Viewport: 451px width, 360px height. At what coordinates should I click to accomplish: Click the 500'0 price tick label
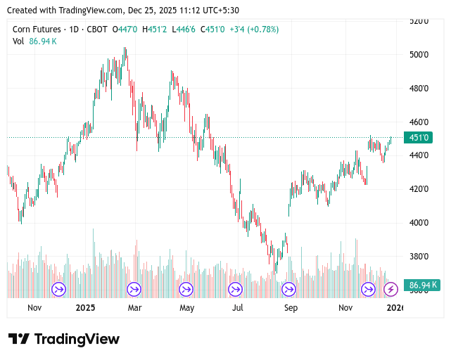point(419,55)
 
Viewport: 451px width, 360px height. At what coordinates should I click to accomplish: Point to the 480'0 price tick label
point(419,89)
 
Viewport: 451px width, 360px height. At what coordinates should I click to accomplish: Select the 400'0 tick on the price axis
point(419,223)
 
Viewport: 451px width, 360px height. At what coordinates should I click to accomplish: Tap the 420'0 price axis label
point(419,189)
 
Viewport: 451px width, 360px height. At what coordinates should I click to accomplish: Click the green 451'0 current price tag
point(419,138)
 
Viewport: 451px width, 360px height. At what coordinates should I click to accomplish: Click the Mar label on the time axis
point(134,308)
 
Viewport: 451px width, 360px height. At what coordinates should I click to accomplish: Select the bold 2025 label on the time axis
point(85,308)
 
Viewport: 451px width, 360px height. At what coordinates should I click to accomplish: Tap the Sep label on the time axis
point(290,308)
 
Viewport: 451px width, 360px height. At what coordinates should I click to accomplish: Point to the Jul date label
point(238,308)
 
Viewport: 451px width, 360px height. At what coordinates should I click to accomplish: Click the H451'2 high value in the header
point(155,30)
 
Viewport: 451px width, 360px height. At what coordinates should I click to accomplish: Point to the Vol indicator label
point(18,41)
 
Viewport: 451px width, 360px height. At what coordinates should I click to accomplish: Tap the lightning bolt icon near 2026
point(390,289)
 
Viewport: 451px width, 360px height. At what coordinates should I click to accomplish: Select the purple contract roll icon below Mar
point(134,289)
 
